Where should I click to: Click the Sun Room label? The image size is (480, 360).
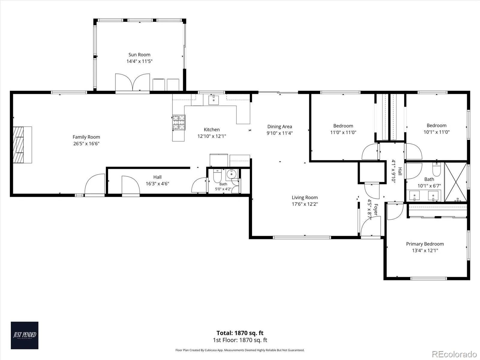click(139, 55)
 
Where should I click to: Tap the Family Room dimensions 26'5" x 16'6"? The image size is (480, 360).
click(86, 144)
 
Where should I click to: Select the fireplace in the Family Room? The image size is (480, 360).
click(22, 145)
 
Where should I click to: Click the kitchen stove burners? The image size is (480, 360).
click(179, 122)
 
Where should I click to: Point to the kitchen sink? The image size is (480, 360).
click(213, 100)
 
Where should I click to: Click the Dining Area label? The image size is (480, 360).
click(280, 127)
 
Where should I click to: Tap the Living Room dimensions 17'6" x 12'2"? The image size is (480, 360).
click(304, 204)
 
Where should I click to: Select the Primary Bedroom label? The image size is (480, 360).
click(425, 244)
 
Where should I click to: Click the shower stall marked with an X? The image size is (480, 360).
click(456, 182)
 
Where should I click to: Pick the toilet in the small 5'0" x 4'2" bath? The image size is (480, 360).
click(217, 176)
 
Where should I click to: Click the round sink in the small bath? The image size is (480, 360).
click(231, 174)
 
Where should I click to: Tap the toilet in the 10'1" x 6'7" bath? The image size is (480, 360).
click(436, 169)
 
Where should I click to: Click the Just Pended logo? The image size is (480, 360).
click(25, 335)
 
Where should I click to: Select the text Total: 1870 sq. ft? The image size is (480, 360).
click(240, 333)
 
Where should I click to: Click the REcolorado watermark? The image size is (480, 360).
click(454, 354)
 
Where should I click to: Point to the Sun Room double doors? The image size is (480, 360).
click(133, 82)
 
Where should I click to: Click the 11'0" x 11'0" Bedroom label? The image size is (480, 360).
click(343, 126)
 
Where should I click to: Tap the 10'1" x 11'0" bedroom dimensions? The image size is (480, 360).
click(436, 132)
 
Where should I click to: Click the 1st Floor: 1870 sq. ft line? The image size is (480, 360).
click(240, 340)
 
